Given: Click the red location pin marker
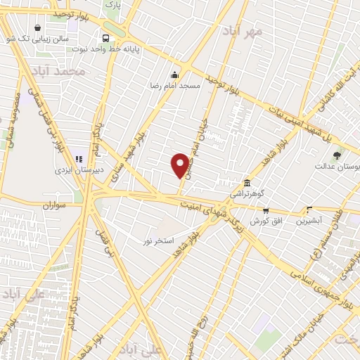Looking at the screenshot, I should [180, 165].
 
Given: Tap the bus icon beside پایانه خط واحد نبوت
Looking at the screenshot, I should [105, 38].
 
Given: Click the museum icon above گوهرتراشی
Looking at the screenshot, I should [246, 181].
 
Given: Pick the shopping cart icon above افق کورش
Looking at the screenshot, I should [265, 210].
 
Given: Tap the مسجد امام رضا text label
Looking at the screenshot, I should [174, 85].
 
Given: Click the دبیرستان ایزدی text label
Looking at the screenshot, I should [81, 169].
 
